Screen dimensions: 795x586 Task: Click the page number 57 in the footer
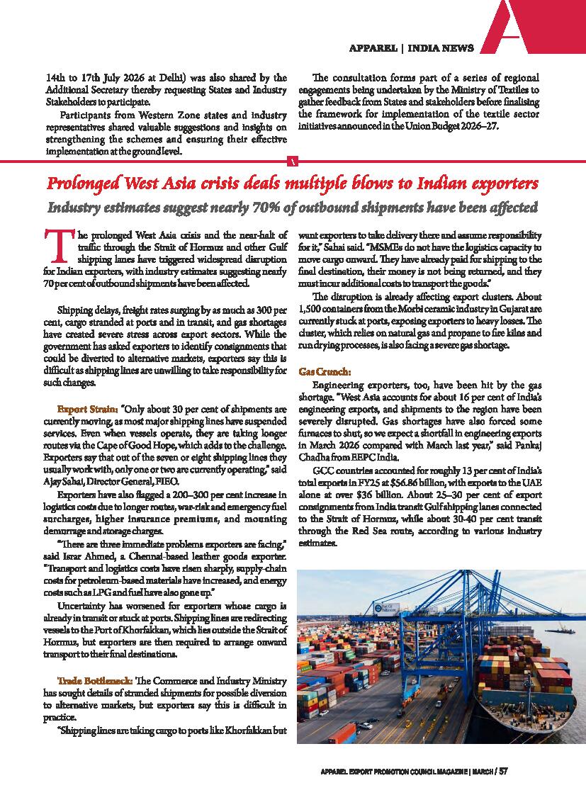coord(503,771)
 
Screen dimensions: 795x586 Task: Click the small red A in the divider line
coord(293,162)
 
